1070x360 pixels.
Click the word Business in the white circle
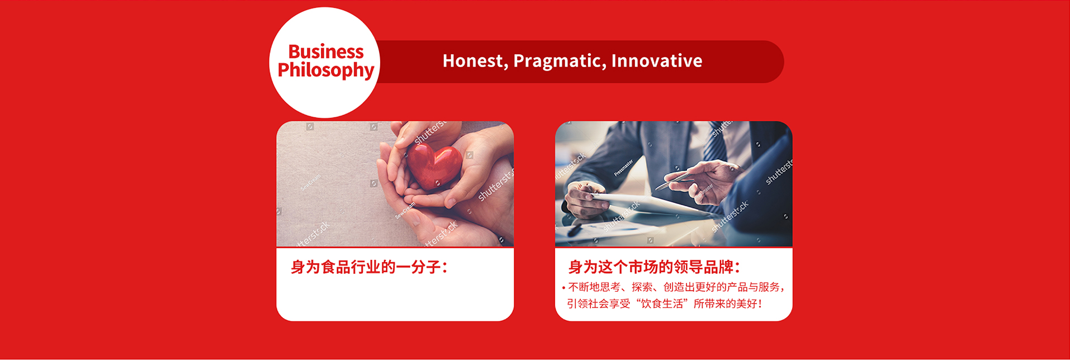pos(326,51)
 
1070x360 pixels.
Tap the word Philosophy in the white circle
pos(326,70)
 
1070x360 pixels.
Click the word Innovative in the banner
pos(657,60)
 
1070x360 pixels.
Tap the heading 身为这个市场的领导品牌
pos(654,267)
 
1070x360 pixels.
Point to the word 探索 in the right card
pos(642,287)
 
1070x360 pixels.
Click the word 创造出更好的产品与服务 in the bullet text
pos(721,287)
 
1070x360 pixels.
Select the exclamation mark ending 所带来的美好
pos(760,304)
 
